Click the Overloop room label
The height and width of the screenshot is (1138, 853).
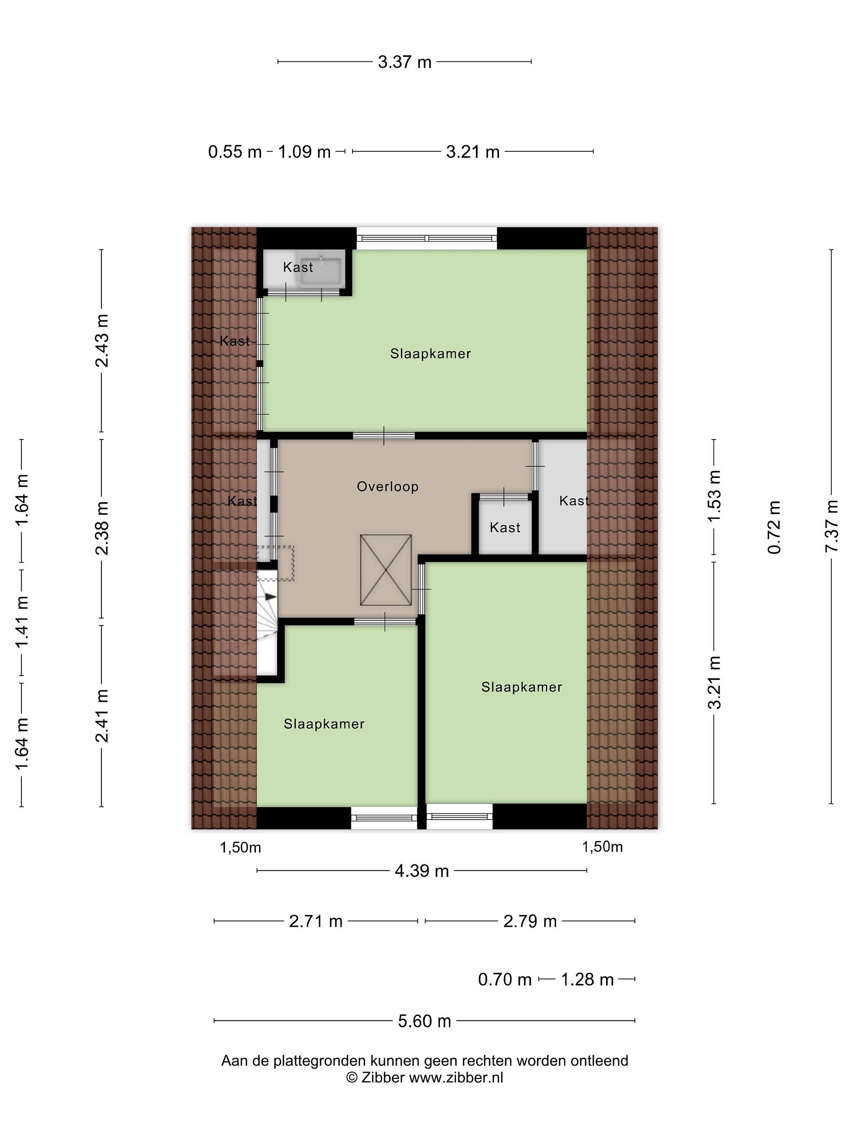pos(388,487)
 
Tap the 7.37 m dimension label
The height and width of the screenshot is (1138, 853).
pos(831,526)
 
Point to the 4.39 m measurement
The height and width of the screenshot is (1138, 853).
pos(422,871)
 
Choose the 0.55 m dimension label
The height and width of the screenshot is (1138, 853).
pos(235,152)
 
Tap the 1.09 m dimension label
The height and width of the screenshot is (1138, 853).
pos(304,152)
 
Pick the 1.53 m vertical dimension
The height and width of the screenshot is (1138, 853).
pos(714,495)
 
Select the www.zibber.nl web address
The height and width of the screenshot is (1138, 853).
pos(456,1078)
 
